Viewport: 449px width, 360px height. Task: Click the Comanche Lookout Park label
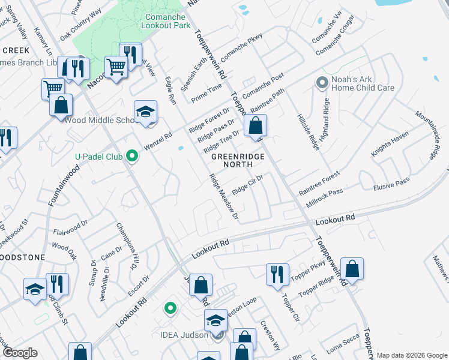coord(166,21)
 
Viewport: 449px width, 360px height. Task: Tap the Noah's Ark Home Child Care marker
coord(322,81)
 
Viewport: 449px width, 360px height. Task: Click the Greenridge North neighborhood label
coord(235,160)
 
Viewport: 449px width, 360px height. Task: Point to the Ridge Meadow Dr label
coord(224,197)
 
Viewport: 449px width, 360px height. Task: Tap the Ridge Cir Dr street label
coord(248,184)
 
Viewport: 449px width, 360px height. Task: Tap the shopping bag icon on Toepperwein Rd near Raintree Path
coord(255,126)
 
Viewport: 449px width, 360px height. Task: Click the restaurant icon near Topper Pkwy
coord(277,274)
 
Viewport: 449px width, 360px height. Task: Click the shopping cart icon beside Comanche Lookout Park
coord(116,67)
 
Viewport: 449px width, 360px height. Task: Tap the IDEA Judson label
coord(190,335)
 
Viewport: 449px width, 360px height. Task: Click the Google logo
coord(20,353)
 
